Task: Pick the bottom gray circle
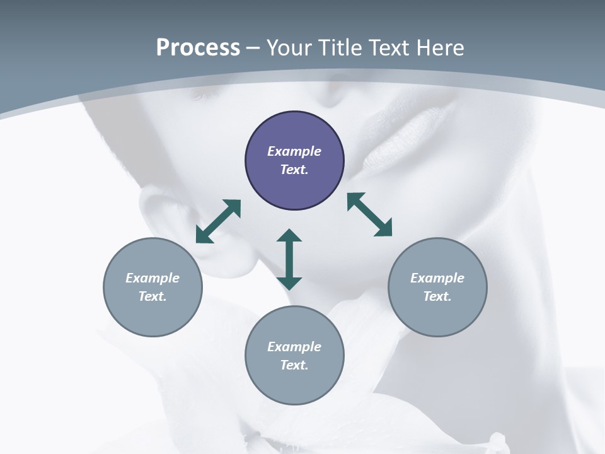click(294, 385)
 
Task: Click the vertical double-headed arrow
click(289, 259)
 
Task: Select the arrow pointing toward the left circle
click(218, 221)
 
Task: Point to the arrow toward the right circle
click(370, 214)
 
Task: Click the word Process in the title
click(198, 47)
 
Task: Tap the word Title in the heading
click(338, 47)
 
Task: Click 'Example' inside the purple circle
click(294, 151)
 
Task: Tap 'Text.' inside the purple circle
click(294, 170)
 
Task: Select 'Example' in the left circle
click(153, 278)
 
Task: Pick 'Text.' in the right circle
click(437, 296)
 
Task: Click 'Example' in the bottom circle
click(294, 347)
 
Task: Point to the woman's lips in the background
click(403, 126)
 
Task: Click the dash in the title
click(253, 48)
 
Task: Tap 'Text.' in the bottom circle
click(294, 365)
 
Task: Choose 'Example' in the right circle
click(437, 278)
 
